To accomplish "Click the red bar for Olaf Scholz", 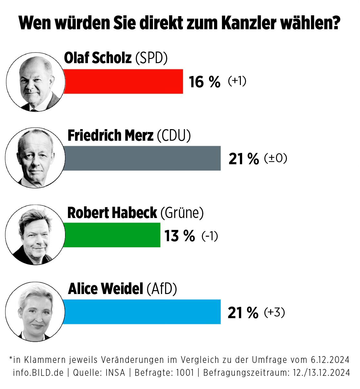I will click(123, 81).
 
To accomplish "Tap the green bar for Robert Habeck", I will click(112, 235).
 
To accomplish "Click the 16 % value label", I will click(204, 82).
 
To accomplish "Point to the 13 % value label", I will click(180, 236).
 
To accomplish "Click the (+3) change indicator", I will click(274, 312).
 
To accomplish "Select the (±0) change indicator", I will click(275, 158).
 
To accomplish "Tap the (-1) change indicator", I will click(210, 236).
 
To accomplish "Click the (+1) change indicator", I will click(237, 81).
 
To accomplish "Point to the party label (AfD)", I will click(162, 289).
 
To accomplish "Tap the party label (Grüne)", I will click(182, 213).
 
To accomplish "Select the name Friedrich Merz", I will click(110, 136).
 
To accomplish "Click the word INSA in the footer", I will click(115, 373).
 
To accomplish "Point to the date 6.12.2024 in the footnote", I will click(330, 359).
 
